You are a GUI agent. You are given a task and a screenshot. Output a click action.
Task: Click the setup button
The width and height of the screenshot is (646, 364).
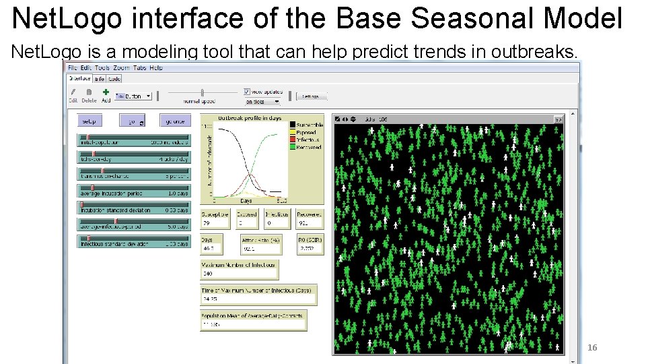89,121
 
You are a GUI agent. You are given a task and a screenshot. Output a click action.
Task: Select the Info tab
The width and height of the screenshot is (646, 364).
100,79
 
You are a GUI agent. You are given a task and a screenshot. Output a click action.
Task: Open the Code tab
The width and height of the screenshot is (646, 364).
114,79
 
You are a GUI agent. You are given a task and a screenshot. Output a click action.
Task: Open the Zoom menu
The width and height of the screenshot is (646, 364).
121,68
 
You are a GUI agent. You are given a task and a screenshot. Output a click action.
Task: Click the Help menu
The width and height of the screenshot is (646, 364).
156,68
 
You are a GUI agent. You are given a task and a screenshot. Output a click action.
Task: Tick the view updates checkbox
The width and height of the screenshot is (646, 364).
247,91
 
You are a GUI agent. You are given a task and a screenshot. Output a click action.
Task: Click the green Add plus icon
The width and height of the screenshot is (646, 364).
106,92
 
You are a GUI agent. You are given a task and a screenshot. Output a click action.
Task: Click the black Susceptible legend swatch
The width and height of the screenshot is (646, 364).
293,125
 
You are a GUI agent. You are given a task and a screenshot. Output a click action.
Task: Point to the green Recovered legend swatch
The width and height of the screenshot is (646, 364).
293,147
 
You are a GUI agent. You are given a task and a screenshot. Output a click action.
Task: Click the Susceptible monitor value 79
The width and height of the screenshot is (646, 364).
207,223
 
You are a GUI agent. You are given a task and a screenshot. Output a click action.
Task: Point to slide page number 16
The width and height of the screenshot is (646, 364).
592,348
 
